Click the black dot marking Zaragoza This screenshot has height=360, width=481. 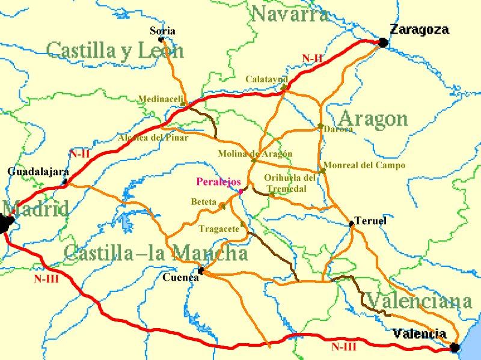click(382, 42)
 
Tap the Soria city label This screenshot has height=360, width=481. click(163, 31)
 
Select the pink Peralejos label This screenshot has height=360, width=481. click(219, 182)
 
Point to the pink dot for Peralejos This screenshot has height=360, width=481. click(240, 192)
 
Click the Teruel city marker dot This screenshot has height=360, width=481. click(352, 224)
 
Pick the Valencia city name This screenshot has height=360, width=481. click(420, 334)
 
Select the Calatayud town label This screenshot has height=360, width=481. click(266, 79)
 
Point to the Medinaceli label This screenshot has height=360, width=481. click(161, 99)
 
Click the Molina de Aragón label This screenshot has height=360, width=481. click(255, 154)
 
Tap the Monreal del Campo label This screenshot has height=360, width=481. click(364, 165)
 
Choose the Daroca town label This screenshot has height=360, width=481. click(338, 129)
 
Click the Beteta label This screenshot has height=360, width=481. click(203, 202)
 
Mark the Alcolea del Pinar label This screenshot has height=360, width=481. click(153, 138)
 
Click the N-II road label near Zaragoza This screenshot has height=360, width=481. click(313, 58)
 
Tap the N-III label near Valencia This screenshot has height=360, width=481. click(344, 346)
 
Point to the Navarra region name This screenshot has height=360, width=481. click(290, 13)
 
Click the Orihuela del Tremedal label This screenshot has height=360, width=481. click(290, 183)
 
